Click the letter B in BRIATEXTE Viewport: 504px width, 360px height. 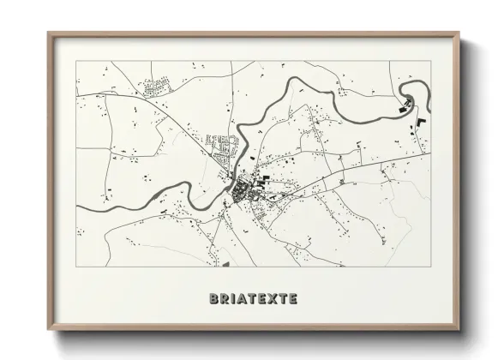point(213,299)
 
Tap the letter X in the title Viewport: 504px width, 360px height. point(269,299)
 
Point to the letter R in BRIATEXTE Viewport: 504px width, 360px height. point(224,299)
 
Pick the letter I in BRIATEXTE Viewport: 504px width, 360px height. point(232,299)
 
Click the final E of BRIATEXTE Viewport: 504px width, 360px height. point(292,299)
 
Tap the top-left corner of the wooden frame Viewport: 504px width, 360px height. point(48,33)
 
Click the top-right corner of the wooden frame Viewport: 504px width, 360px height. point(459,33)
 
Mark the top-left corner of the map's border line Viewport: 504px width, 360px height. point(77,62)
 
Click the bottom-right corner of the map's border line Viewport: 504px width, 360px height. point(430,267)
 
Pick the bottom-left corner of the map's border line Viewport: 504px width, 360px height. point(77,267)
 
